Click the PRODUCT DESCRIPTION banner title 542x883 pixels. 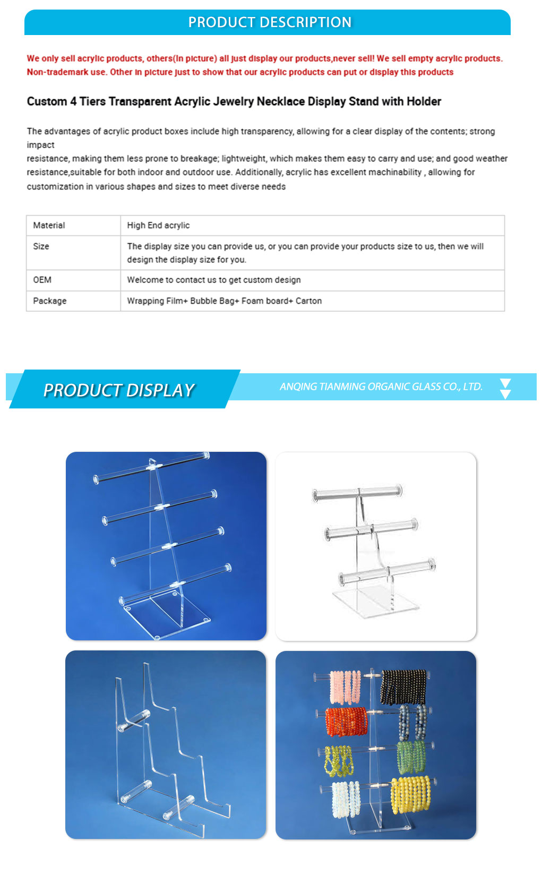(x=270, y=22)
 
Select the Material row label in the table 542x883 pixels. (x=49, y=225)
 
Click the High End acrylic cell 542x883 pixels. (x=158, y=225)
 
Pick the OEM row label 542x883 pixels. (x=42, y=280)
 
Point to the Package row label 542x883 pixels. (x=50, y=301)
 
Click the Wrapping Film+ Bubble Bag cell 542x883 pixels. (x=224, y=301)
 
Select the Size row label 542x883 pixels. (x=41, y=246)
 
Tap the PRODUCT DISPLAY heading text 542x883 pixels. (x=119, y=390)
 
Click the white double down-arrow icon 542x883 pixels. (x=505, y=389)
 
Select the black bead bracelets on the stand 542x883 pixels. (x=403, y=687)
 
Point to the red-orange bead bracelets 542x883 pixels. (x=347, y=722)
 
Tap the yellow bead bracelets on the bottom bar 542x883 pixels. (x=411, y=795)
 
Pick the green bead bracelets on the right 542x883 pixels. (x=411, y=758)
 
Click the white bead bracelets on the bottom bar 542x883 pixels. (x=346, y=799)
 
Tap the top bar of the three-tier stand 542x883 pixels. (x=357, y=493)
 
